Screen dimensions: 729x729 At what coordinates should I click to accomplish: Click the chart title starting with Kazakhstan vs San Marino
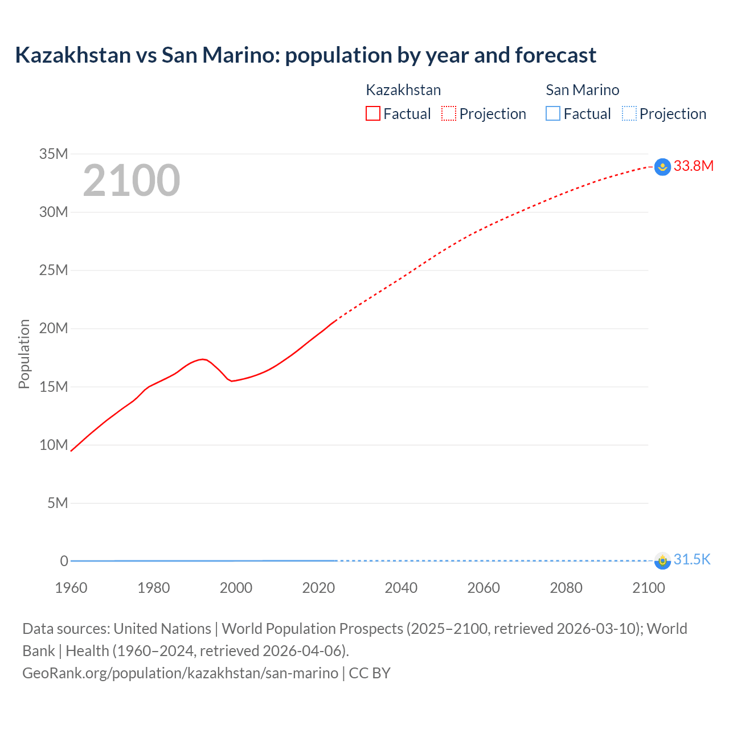pos(305,55)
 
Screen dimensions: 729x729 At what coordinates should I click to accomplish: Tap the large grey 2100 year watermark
pos(132,181)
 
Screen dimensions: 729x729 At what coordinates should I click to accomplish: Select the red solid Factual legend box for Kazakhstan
pos(372,113)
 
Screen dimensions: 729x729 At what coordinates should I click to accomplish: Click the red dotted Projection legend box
pos(449,113)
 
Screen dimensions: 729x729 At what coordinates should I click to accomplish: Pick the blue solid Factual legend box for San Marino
pos(553,113)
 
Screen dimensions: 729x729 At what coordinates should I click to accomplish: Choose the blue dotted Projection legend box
pos(629,113)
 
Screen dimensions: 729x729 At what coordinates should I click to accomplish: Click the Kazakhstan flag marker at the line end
pos(662,167)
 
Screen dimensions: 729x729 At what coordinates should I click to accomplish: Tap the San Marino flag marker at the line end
pos(662,561)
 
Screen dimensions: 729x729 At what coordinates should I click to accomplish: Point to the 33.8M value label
pos(693,166)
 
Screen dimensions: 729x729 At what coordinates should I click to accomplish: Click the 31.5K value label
pos(692,560)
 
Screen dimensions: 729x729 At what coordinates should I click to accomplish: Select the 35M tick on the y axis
pos(54,154)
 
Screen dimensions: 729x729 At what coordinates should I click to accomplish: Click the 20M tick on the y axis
pos(54,329)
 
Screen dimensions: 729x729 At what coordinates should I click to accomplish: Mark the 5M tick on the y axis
pos(58,503)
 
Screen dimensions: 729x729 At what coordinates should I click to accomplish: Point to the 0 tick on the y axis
pos(64,561)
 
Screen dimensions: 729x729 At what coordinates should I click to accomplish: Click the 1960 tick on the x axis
pos(71,588)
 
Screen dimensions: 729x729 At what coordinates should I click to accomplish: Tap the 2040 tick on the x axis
pos(401,588)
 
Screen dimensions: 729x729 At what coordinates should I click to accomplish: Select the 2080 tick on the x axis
pos(566,588)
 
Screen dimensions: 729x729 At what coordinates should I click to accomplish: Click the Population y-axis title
pos(24,354)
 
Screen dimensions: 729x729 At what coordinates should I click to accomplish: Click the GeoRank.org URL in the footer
pos(180,673)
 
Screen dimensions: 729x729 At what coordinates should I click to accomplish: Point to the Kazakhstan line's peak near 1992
pos(203,359)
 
